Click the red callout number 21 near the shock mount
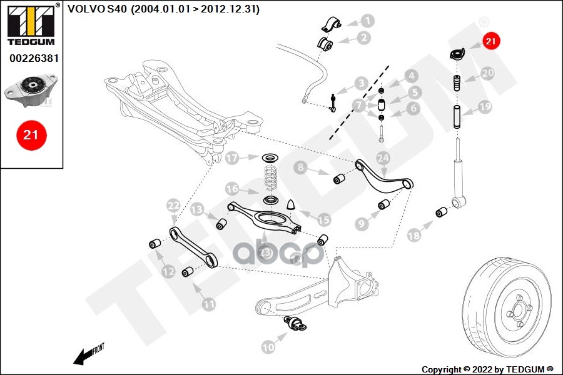tap(490, 42)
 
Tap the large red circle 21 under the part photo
tap(31, 134)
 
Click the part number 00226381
tap(31, 58)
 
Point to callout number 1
tap(367, 21)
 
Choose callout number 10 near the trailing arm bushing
tap(268, 346)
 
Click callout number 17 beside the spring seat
tap(233, 158)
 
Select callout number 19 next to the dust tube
tap(485, 107)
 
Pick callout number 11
tap(208, 304)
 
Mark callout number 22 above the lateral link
tap(173, 205)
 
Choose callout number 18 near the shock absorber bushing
tap(414, 236)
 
